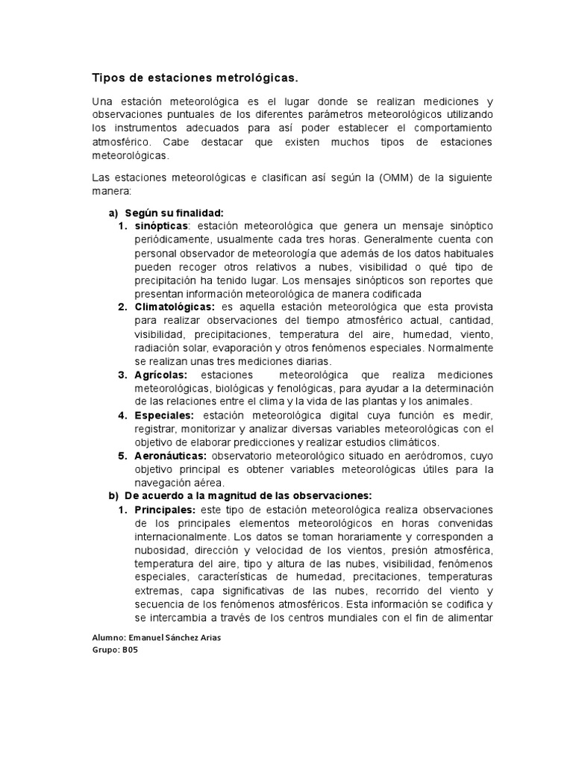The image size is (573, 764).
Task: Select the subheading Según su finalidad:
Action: (174, 212)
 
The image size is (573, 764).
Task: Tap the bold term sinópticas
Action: (162, 225)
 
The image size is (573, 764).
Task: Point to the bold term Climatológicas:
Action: (175, 307)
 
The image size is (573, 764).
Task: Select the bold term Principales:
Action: (165, 510)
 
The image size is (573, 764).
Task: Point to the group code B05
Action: (129, 650)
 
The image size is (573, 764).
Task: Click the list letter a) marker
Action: (113, 212)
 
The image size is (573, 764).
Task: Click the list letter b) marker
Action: (113, 495)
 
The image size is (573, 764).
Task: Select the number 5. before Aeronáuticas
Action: (123, 455)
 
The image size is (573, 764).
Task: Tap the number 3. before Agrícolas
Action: (123, 375)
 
